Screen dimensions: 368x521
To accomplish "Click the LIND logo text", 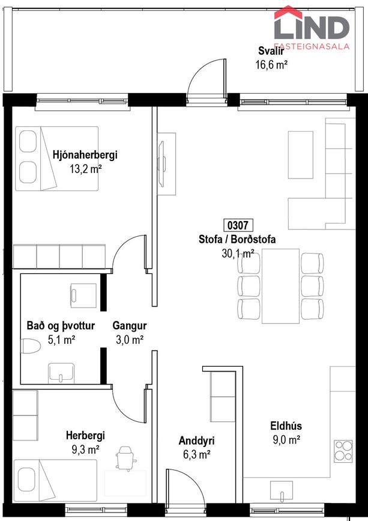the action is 312,28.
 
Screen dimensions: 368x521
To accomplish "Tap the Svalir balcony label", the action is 271,51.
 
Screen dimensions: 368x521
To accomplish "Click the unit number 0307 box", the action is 238,225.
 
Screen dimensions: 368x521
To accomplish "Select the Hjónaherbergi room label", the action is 85,155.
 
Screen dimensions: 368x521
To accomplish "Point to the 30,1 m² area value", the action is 238,254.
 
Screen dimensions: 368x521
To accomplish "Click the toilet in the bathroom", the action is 31,346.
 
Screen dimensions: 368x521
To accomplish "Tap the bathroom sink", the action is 61,373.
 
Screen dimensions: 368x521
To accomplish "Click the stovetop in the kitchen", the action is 343,451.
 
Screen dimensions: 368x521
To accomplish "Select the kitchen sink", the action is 282,492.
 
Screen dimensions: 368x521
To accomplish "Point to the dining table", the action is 281,286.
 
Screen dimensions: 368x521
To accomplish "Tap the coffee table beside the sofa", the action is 301,155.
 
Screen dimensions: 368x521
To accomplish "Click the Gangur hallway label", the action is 130,326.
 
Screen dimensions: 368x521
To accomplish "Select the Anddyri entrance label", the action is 196,440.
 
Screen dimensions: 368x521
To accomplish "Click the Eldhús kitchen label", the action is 286,426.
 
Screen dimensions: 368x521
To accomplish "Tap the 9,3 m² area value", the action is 86,449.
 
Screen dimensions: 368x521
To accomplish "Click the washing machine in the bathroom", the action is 83,296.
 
